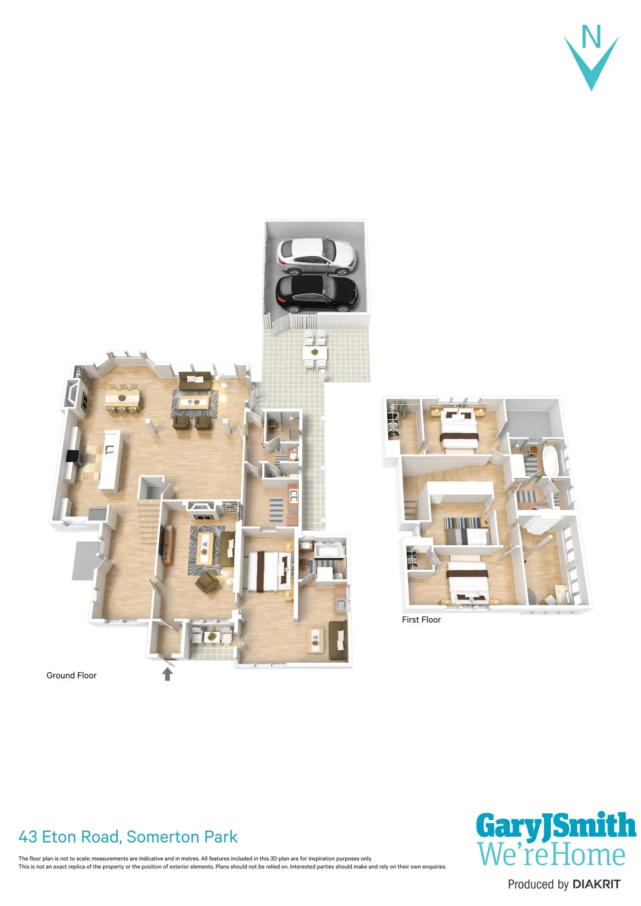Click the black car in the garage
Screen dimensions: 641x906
[317, 294]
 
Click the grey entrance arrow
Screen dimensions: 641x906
[167, 674]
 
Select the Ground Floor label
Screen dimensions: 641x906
[71, 675]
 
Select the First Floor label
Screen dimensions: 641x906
[421, 620]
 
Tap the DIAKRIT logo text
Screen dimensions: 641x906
[596, 884]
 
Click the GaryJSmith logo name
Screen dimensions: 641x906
[556, 826]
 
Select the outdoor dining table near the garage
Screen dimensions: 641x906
[314, 352]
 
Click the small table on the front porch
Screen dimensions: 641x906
[211, 637]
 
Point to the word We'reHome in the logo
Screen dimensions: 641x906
[551, 855]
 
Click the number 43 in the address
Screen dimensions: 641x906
[28, 837]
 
